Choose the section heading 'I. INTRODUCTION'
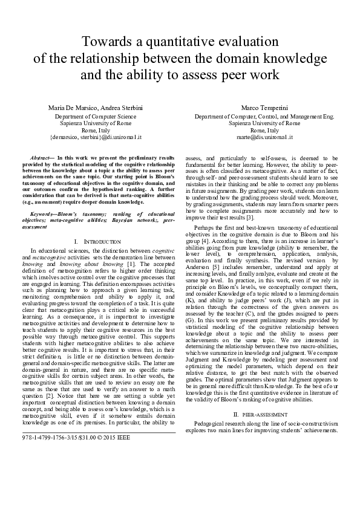[96, 241]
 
